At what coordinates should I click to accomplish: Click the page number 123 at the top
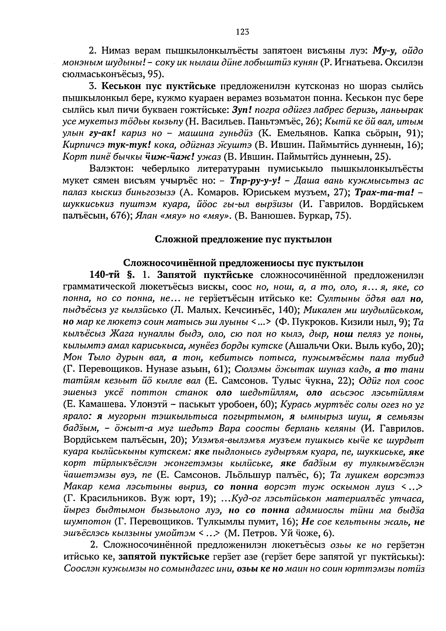pyautogui.click(x=242, y=32)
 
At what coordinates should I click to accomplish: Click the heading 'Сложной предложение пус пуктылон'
pyautogui.click(x=243, y=239)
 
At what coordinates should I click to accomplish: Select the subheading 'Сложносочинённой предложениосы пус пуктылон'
pyautogui.click(x=243, y=263)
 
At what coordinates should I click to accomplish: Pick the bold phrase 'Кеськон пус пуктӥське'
pyautogui.click(x=159, y=87)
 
